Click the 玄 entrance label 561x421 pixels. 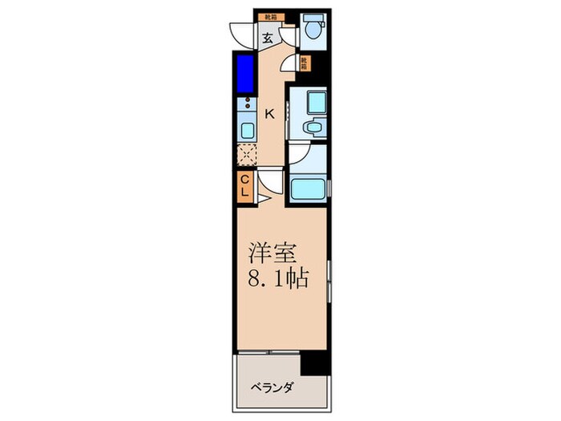267,35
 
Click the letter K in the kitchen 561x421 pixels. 270,114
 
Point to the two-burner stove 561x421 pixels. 246,107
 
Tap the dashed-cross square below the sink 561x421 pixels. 246,155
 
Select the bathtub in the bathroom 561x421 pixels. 308,189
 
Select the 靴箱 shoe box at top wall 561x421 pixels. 267,15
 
